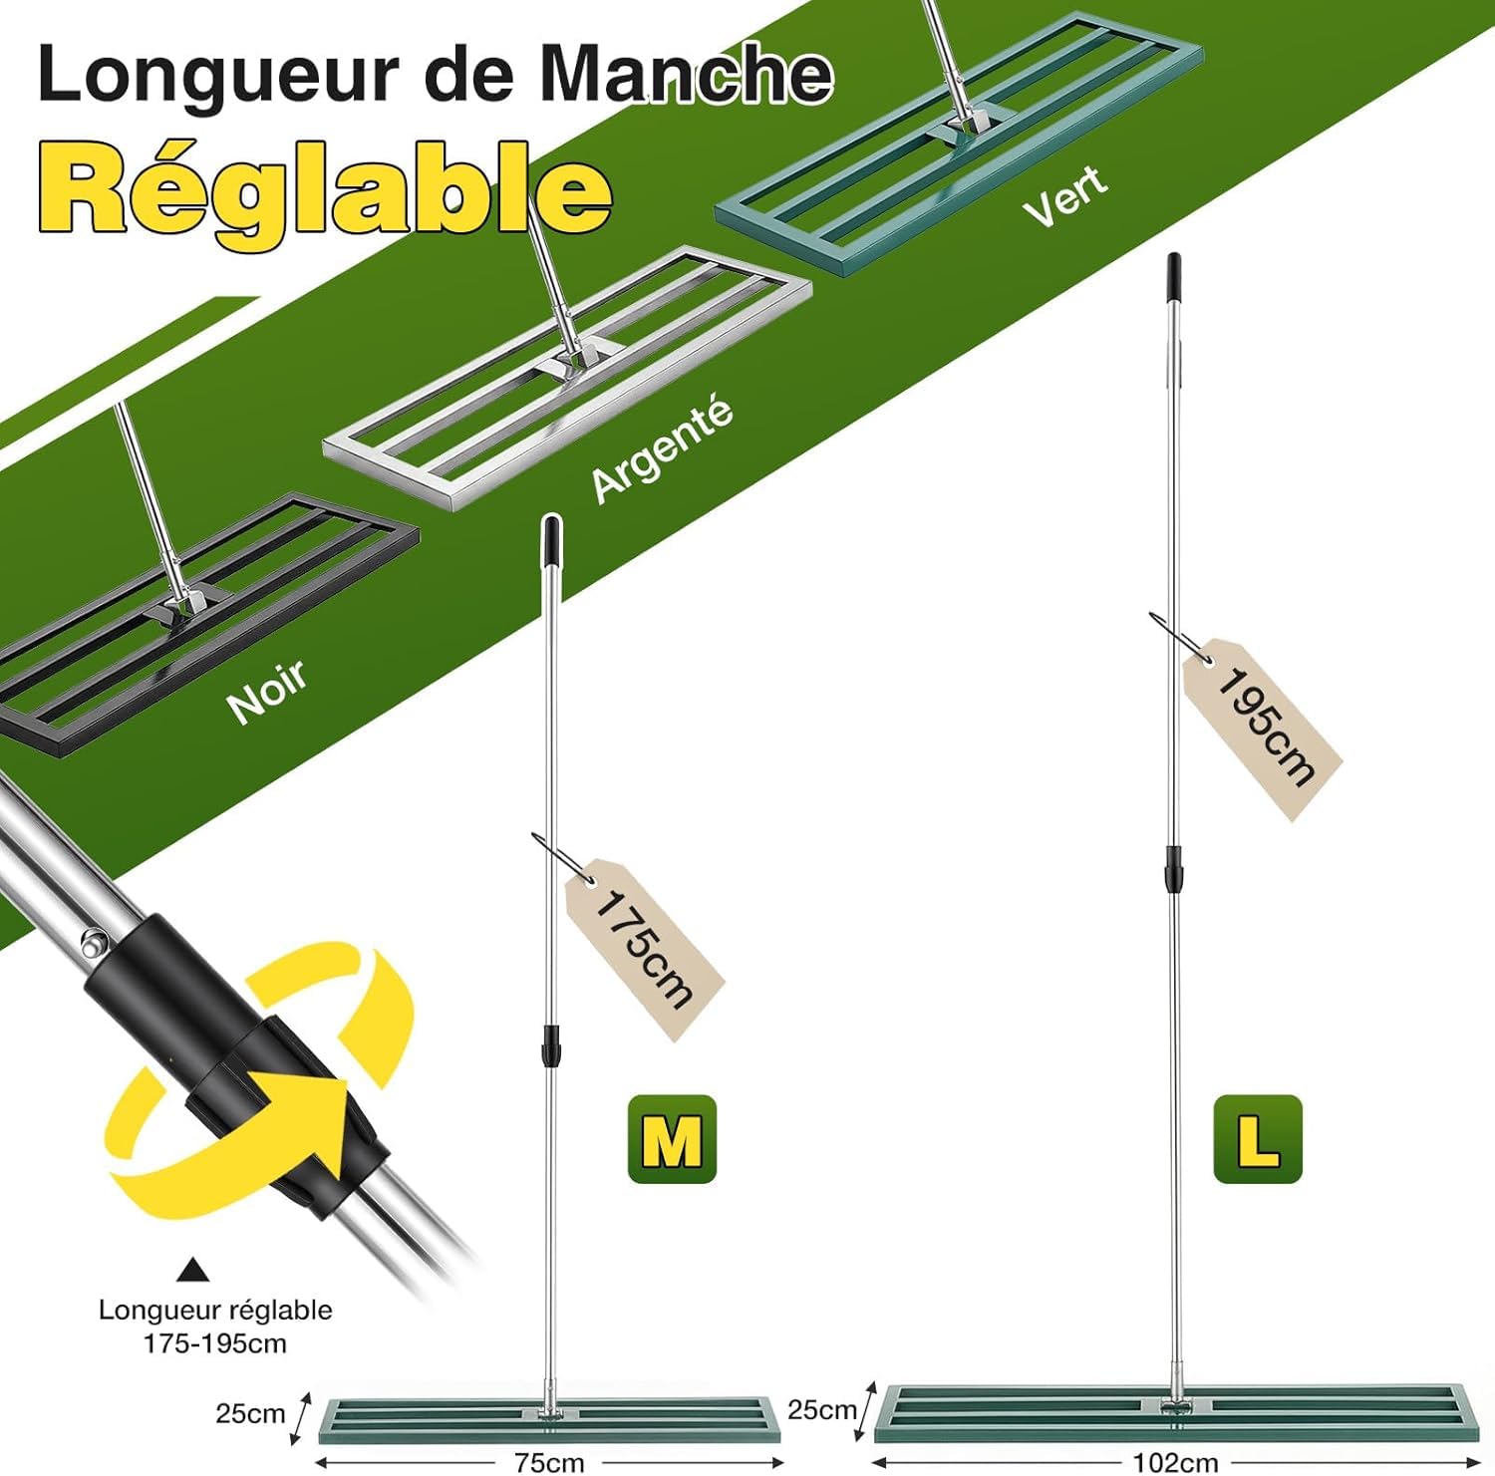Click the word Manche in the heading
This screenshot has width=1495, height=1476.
click(686, 75)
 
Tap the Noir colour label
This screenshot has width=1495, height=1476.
click(267, 691)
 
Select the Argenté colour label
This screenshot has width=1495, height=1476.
click(662, 449)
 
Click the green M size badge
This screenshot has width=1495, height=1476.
click(672, 1139)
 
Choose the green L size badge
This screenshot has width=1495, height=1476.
click(1258, 1139)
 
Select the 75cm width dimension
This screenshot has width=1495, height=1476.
click(549, 1462)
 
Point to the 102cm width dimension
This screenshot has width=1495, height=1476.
click(1176, 1462)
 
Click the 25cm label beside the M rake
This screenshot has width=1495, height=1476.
click(250, 1413)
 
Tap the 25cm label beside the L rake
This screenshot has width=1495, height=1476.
click(821, 1409)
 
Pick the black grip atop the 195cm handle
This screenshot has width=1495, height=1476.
click(1174, 276)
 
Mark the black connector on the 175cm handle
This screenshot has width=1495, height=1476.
click(549, 1045)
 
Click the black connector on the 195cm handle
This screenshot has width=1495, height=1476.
click(1174, 869)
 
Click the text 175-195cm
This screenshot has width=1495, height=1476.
click(215, 1343)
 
